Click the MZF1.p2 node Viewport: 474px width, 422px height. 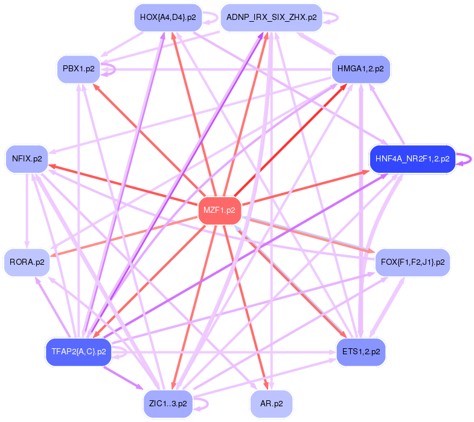(x=219, y=211)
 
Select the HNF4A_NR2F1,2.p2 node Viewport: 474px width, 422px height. (x=412, y=159)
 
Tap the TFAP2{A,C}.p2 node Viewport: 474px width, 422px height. (x=78, y=351)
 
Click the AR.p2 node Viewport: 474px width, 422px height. (x=271, y=403)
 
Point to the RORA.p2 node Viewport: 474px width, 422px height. (x=27, y=263)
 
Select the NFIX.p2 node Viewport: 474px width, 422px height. (x=27, y=160)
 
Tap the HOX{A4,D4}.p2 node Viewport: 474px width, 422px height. (x=167, y=18)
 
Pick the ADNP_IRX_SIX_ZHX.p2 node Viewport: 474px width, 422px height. (x=271, y=18)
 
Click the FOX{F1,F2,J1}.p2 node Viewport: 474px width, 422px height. (x=412, y=262)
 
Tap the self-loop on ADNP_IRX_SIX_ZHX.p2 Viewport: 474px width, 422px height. (x=331, y=18)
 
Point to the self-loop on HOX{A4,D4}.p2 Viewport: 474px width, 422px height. (x=210, y=18)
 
